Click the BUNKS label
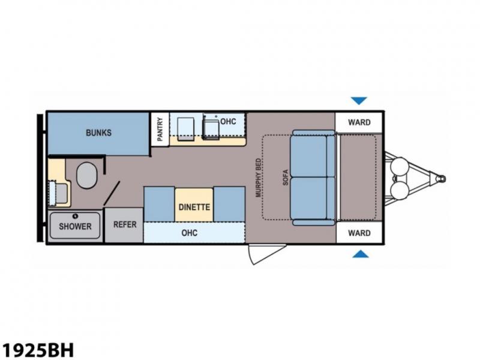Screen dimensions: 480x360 pyautogui.click(x=98, y=133)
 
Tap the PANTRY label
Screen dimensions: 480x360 pyautogui.click(x=160, y=130)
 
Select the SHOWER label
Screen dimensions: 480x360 pyautogui.click(x=75, y=227)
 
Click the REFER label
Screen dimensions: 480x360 pyautogui.click(x=125, y=224)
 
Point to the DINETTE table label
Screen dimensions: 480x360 pyautogui.click(x=194, y=207)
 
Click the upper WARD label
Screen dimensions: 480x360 pyautogui.click(x=359, y=122)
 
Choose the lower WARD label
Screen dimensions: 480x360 pyautogui.click(x=359, y=233)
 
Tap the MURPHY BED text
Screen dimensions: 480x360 pyautogui.click(x=259, y=178)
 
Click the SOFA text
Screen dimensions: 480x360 pyautogui.click(x=286, y=178)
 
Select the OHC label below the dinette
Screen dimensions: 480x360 pyautogui.click(x=189, y=233)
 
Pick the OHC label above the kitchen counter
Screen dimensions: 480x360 pyautogui.click(x=228, y=122)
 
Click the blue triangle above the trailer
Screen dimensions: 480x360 pyautogui.click(x=359, y=101)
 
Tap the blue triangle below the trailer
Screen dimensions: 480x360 pyautogui.click(x=361, y=254)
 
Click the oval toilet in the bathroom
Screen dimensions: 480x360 pyautogui.click(x=86, y=175)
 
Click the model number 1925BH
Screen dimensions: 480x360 pyautogui.click(x=37, y=350)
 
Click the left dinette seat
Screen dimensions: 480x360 pyautogui.click(x=159, y=204)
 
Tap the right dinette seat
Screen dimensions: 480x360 pyautogui.click(x=229, y=204)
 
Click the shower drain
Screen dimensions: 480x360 pyautogui.click(x=76, y=216)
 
